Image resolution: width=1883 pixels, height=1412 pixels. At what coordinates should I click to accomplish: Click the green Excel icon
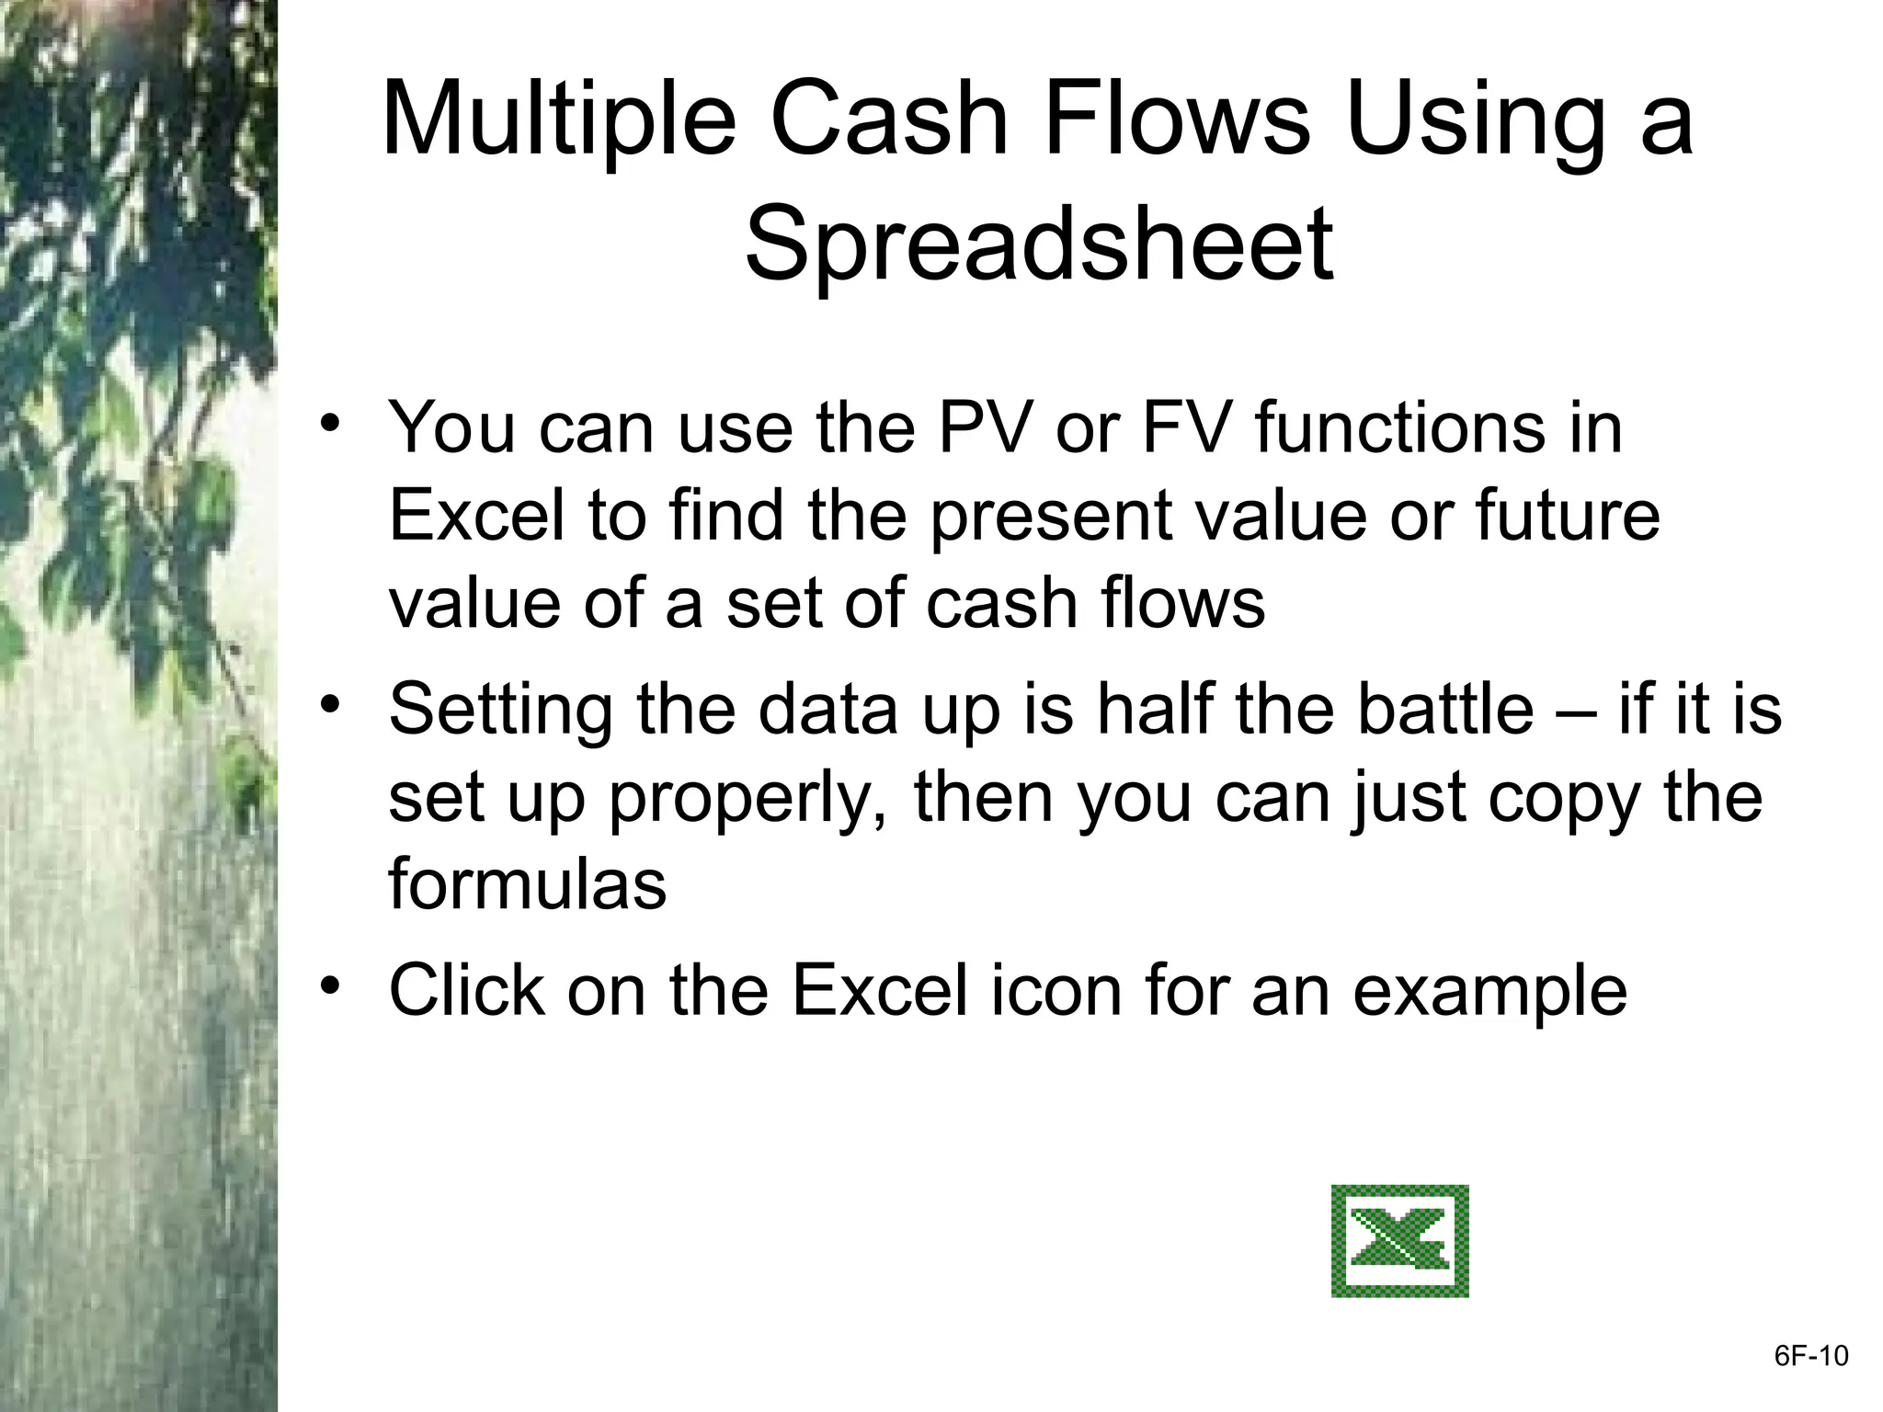(1399, 1241)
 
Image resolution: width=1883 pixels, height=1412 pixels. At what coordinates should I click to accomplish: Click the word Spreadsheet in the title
(1038, 245)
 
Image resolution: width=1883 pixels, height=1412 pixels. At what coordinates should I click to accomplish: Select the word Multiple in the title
(558, 120)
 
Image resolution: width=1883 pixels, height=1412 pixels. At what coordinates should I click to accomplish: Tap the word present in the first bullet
(1050, 517)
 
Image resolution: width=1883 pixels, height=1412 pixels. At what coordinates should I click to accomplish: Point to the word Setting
(500, 712)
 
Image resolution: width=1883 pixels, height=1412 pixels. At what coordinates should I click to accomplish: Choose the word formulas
(527, 884)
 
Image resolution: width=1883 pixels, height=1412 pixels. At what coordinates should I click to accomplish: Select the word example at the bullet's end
(1489, 993)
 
